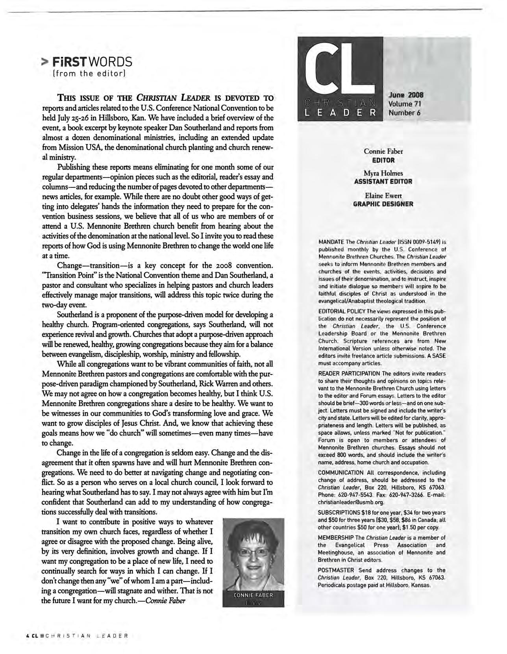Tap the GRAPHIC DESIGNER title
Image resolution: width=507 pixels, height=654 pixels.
pyautogui.click(x=383, y=204)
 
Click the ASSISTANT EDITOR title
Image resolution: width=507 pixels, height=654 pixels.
pyautogui.click(x=383, y=182)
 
